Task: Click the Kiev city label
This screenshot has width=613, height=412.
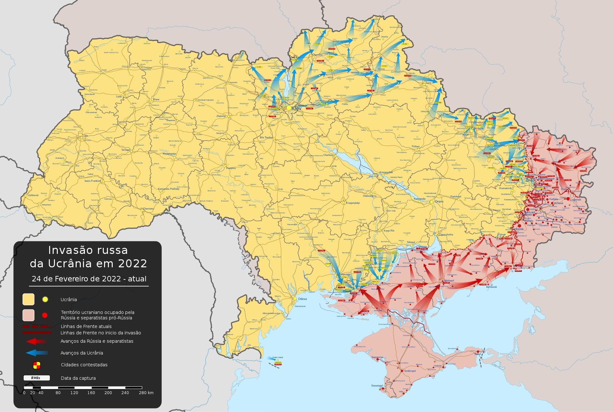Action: [x=296, y=109]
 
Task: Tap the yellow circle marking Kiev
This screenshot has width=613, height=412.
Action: [x=289, y=108]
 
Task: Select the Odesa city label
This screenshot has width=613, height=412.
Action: [x=302, y=299]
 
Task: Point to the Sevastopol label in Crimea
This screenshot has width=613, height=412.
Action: [x=377, y=385]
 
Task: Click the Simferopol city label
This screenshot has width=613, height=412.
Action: [x=410, y=371]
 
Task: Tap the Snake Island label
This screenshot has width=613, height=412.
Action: [x=277, y=357]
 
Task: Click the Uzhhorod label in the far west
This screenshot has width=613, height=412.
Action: [x=33, y=195]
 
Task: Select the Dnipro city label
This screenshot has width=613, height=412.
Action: [x=439, y=202]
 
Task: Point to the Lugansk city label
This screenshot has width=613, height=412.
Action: [x=575, y=200]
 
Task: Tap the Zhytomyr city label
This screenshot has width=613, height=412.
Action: [x=221, y=116]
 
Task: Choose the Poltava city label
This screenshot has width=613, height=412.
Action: [x=415, y=146]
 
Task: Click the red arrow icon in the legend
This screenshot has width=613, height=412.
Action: [x=36, y=341]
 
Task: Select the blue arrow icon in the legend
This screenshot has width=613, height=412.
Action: [x=36, y=353]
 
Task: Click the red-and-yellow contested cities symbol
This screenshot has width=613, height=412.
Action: [x=37, y=365]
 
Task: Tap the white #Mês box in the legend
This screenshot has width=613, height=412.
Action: [x=36, y=378]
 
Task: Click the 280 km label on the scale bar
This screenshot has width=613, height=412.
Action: [x=146, y=393]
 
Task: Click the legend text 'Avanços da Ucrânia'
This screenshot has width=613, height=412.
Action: [x=82, y=353]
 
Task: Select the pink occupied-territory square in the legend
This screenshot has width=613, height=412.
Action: [x=28, y=315]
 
